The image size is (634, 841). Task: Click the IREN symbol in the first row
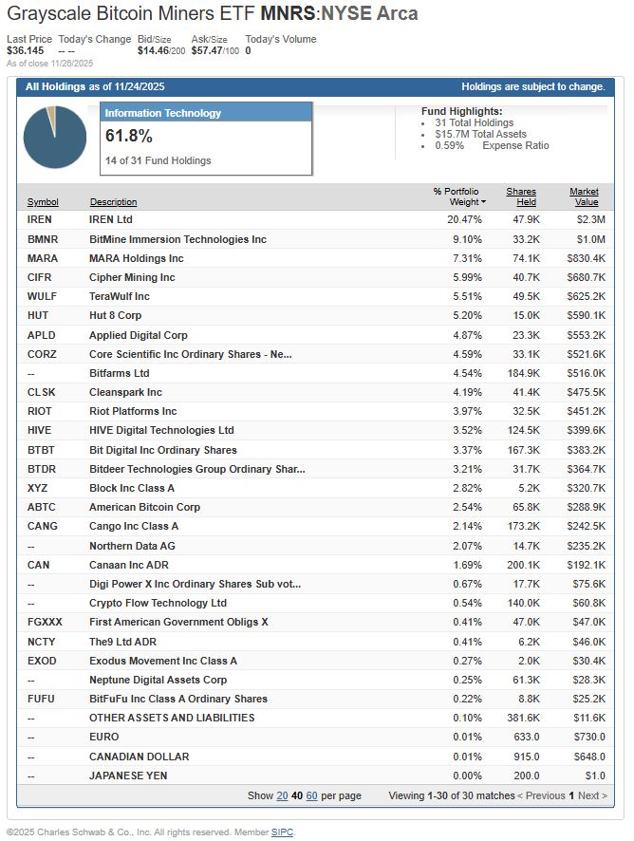[x=39, y=219]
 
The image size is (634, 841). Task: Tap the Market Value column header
[x=584, y=196]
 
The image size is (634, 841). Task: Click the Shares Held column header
[x=521, y=196]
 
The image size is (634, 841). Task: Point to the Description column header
[x=113, y=202]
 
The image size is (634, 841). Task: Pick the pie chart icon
[x=53, y=139]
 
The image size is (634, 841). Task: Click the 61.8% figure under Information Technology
[x=128, y=136]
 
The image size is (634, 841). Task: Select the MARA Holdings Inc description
[x=136, y=258]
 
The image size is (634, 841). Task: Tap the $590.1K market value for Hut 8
[x=585, y=315]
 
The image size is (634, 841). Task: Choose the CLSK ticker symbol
[x=42, y=392]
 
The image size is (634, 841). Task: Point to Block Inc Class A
[x=132, y=488]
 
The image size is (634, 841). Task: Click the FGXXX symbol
[x=44, y=623]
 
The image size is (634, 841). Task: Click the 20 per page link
[x=282, y=795]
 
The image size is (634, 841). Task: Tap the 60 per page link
[x=312, y=795]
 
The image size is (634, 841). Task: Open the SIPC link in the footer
[x=282, y=832]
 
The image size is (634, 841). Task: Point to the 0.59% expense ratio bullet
[x=450, y=145]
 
